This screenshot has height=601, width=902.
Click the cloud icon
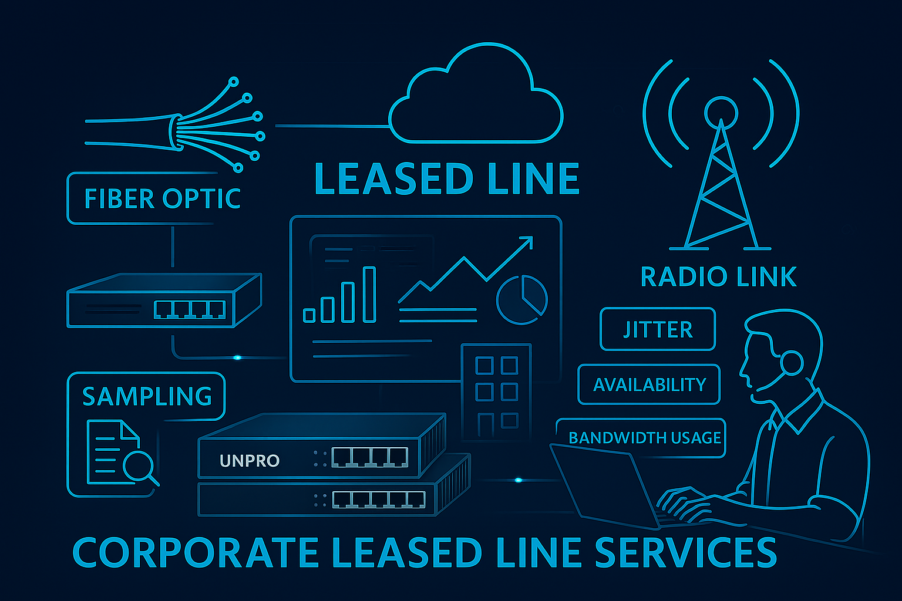(476, 100)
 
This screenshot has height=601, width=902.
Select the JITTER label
(658, 329)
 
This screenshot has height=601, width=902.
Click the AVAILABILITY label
(649, 384)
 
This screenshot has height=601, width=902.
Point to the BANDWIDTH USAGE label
(644, 438)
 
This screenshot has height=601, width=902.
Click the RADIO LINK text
(718, 277)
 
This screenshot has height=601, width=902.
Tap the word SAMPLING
(147, 397)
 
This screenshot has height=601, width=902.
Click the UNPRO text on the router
(249, 461)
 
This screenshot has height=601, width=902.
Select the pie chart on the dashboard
(521, 299)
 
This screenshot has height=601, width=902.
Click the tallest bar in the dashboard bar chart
(369, 295)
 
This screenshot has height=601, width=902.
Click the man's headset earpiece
(791, 363)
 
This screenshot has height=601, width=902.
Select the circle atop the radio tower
(721, 112)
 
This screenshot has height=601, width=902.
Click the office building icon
(496, 390)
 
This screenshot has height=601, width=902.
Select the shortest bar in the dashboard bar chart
(309, 315)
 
